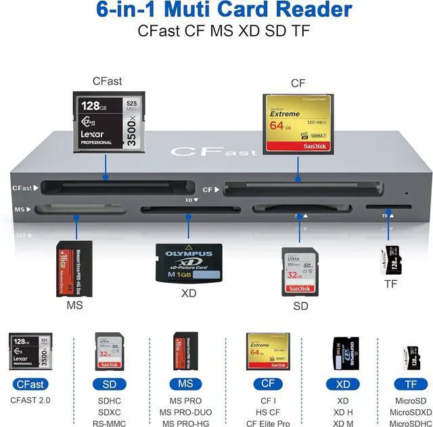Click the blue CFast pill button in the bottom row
tap(30, 384)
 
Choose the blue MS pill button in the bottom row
tap(185, 384)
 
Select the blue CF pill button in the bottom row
tap(263, 384)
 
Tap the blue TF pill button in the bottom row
tap(411, 384)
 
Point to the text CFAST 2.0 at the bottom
tap(30, 400)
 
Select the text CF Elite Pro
tap(264, 424)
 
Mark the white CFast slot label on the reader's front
tap(22, 188)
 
